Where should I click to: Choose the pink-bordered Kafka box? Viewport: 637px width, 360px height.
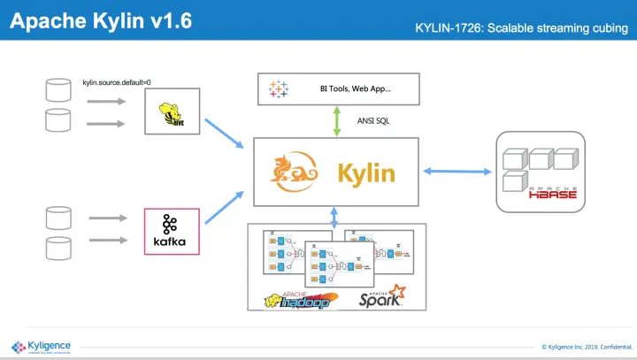[x=172, y=231]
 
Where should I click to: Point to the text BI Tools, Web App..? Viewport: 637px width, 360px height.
[x=355, y=89]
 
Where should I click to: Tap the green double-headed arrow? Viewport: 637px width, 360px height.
[x=336, y=120]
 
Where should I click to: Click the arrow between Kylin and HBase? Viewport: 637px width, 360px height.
[x=453, y=171]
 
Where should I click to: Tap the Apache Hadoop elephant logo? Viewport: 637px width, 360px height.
[x=302, y=299]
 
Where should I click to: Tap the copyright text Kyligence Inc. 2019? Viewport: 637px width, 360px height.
[x=585, y=347]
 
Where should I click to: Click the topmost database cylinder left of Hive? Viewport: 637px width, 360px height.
[x=58, y=89]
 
